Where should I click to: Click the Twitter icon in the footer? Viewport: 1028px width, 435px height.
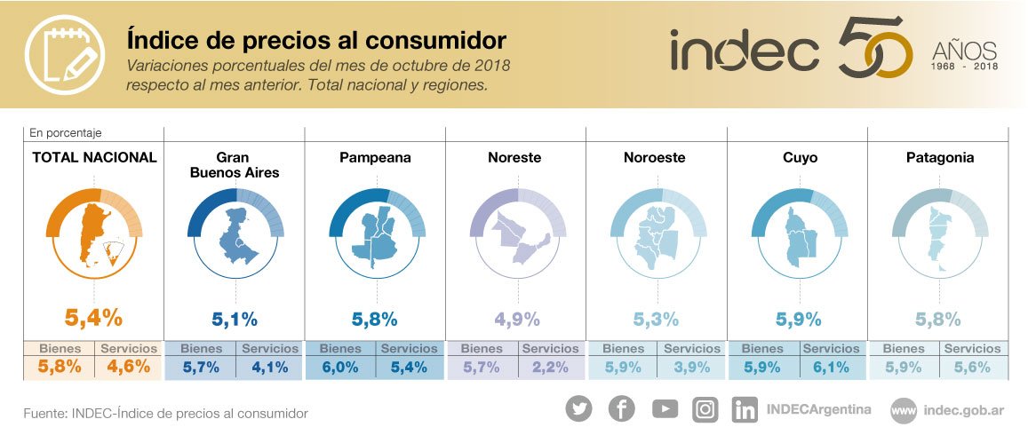coord(578,408)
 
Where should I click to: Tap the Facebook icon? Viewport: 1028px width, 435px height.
coord(621,408)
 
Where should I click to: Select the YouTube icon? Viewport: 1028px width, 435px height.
coord(664,408)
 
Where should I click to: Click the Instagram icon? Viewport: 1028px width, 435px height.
coord(705,408)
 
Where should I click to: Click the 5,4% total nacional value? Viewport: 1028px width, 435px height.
coord(93,317)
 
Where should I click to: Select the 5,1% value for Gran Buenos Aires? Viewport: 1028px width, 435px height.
coord(235,318)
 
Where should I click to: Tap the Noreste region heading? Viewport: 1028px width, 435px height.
coord(514,158)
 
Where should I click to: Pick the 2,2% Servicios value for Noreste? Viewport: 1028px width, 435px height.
coord(550,366)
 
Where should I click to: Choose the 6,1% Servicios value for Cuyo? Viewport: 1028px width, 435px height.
coord(831,366)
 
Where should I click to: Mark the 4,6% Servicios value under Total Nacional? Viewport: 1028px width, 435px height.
coord(129,366)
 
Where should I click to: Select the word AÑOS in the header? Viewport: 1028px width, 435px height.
coord(964,51)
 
